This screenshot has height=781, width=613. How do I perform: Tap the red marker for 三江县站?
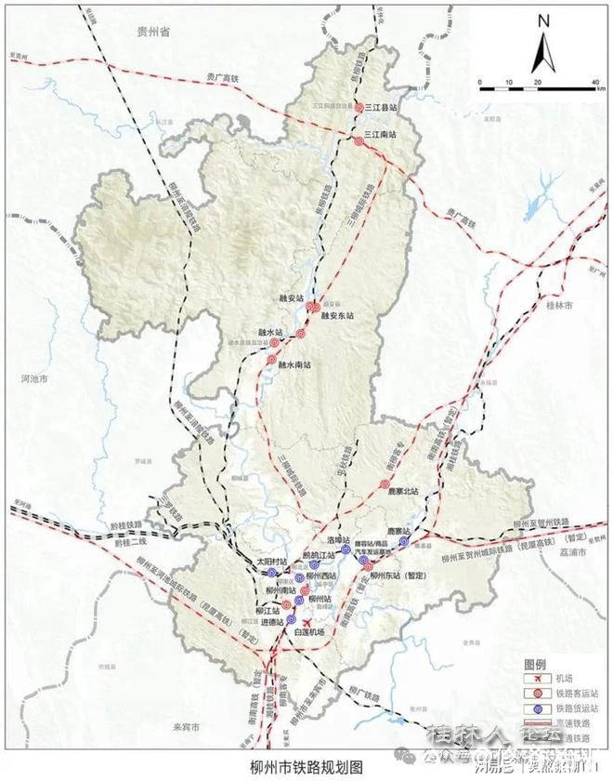(359, 109)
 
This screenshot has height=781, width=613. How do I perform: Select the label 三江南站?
(381, 135)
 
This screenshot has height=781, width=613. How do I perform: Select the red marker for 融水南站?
(272, 359)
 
